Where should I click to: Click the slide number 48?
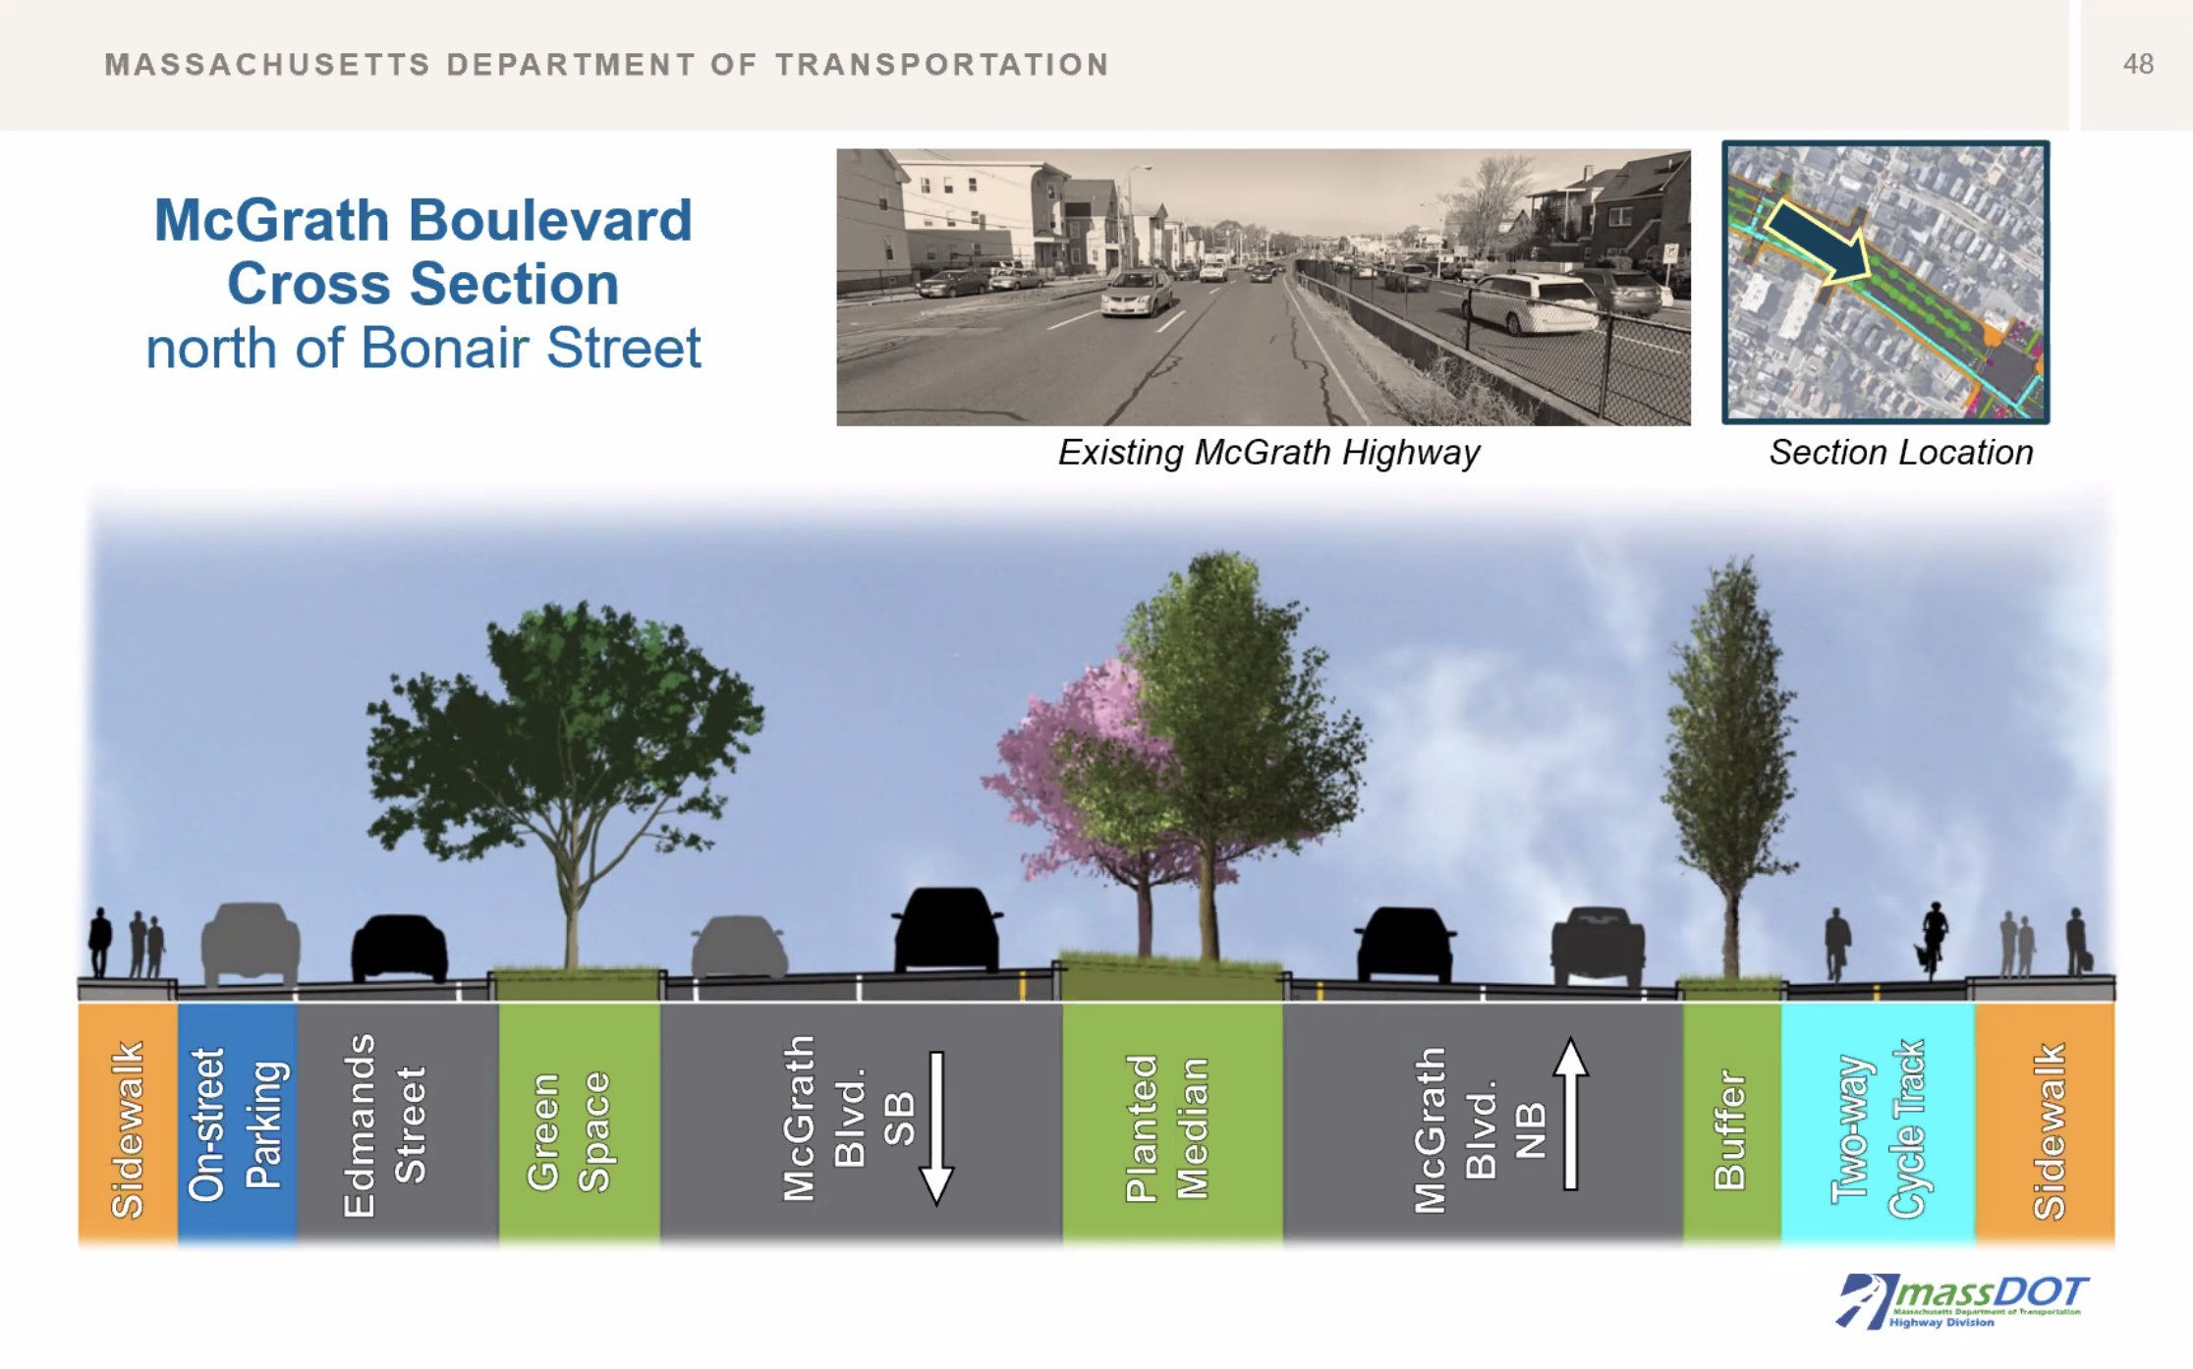(x=2138, y=65)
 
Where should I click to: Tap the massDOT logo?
(x=1961, y=1301)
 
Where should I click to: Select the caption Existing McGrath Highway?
(x=1268, y=453)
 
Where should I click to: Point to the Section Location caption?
(x=1901, y=453)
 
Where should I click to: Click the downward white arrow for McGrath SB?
(x=936, y=1128)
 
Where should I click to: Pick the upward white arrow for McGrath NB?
(x=1570, y=1114)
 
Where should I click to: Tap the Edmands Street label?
(x=384, y=1125)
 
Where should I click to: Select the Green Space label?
(x=568, y=1131)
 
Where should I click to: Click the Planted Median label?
(x=1166, y=1128)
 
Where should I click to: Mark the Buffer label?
(x=1730, y=1129)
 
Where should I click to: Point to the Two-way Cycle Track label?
(x=1877, y=1128)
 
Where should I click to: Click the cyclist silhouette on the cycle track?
(x=1933, y=941)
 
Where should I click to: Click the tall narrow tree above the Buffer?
(x=1731, y=766)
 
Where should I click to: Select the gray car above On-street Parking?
(x=250, y=943)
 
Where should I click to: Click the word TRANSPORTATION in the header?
(x=942, y=65)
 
